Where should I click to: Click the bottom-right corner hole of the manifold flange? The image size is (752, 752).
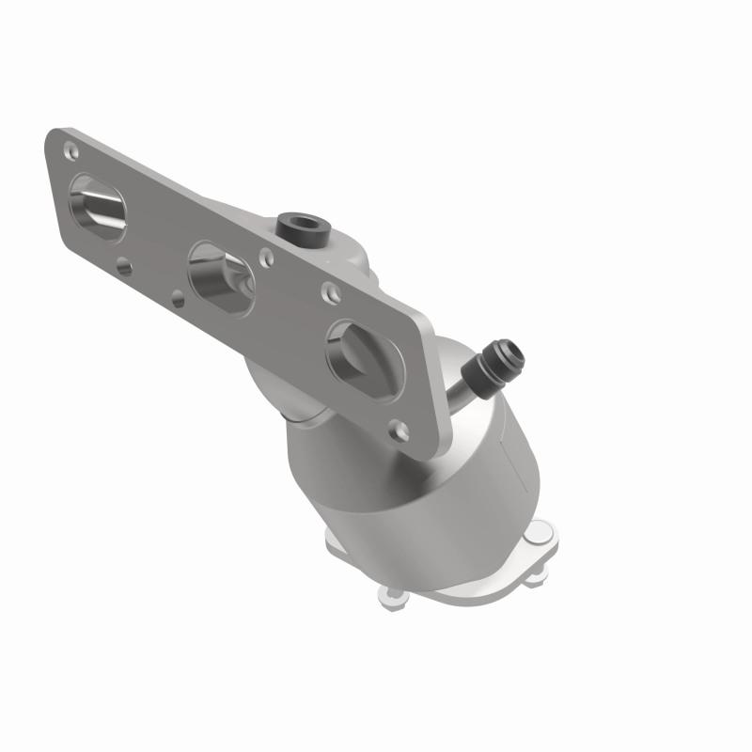pyautogui.click(x=400, y=429)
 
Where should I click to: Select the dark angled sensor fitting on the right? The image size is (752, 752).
pyautogui.click(x=498, y=363)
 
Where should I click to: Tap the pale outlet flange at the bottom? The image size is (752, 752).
pyautogui.click(x=442, y=564)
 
